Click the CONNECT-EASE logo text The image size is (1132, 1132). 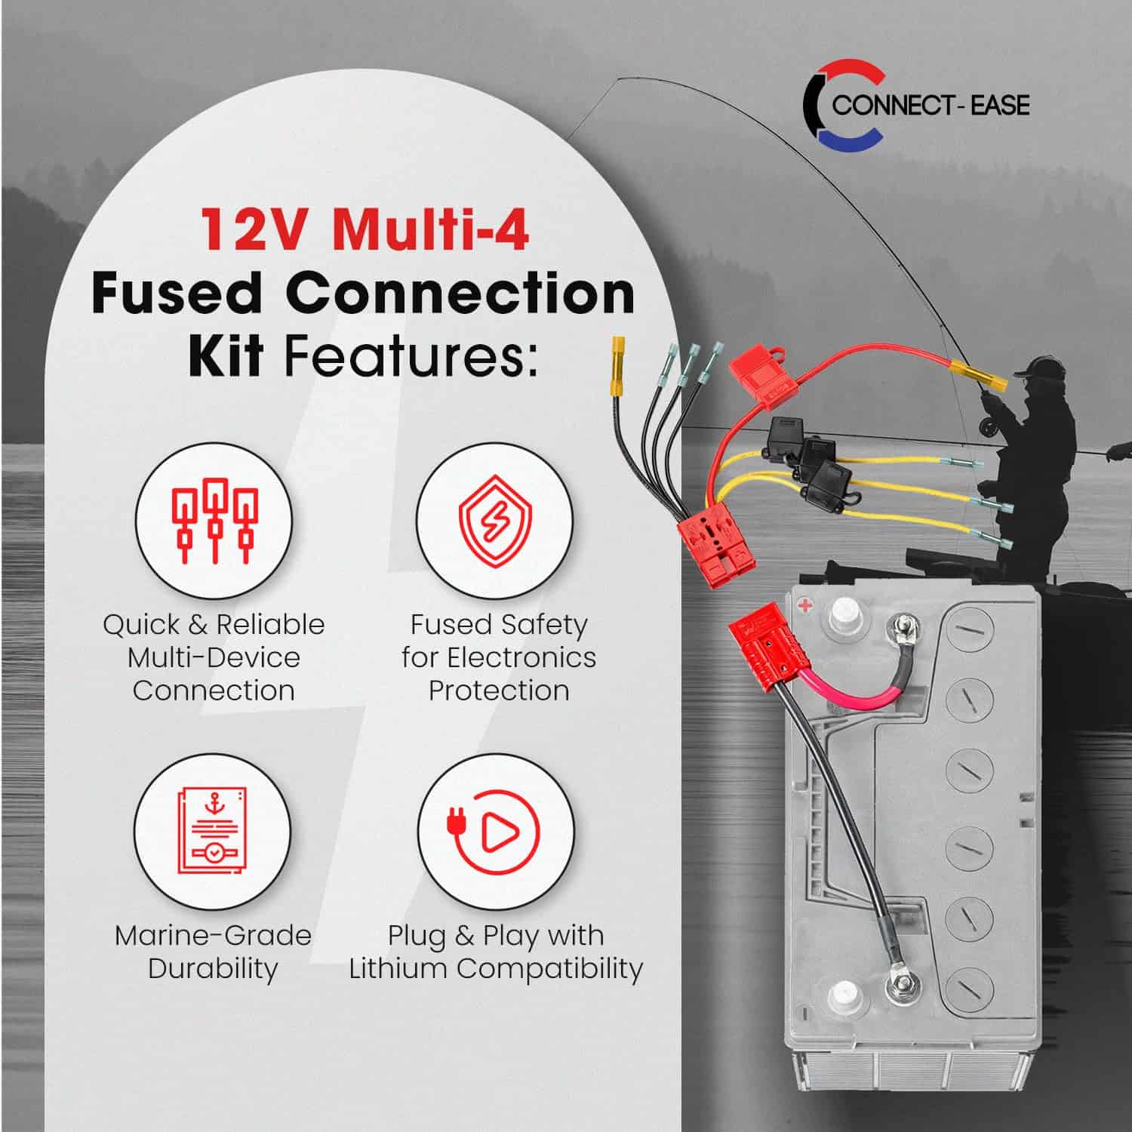931,105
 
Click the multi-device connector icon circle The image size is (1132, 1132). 214,521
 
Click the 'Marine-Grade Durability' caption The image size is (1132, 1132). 213,952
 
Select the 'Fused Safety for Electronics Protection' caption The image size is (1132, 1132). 499,657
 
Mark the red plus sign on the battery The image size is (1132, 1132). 805,604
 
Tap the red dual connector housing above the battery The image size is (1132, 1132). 713,540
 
